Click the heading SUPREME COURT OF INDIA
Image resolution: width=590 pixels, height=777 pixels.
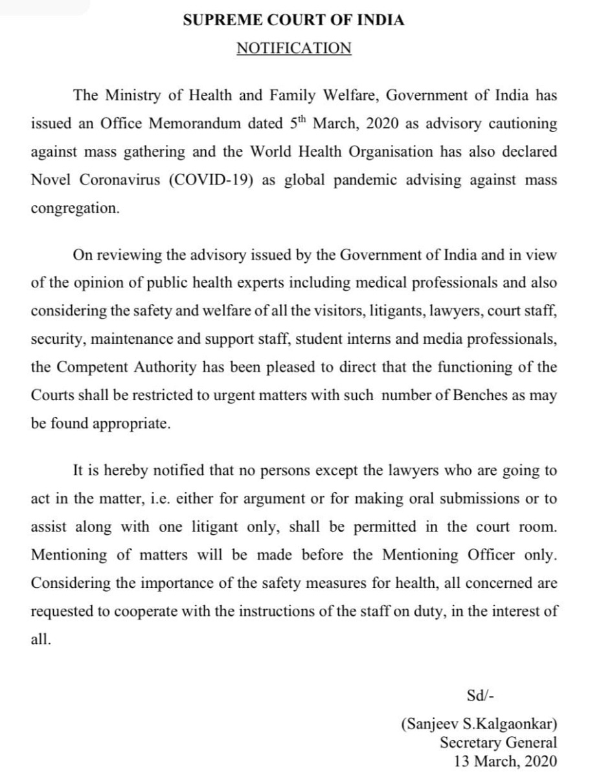(x=293, y=20)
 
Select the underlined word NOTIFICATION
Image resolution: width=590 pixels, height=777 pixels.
(x=293, y=49)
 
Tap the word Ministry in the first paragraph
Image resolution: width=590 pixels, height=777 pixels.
(x=132, y=95)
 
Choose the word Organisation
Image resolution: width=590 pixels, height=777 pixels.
(x=387, y=152)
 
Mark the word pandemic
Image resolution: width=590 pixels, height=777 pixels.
(x=367, y=180)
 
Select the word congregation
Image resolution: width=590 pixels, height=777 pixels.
(x=74, y=209)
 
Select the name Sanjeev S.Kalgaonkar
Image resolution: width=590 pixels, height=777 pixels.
(x=479, y=725)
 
